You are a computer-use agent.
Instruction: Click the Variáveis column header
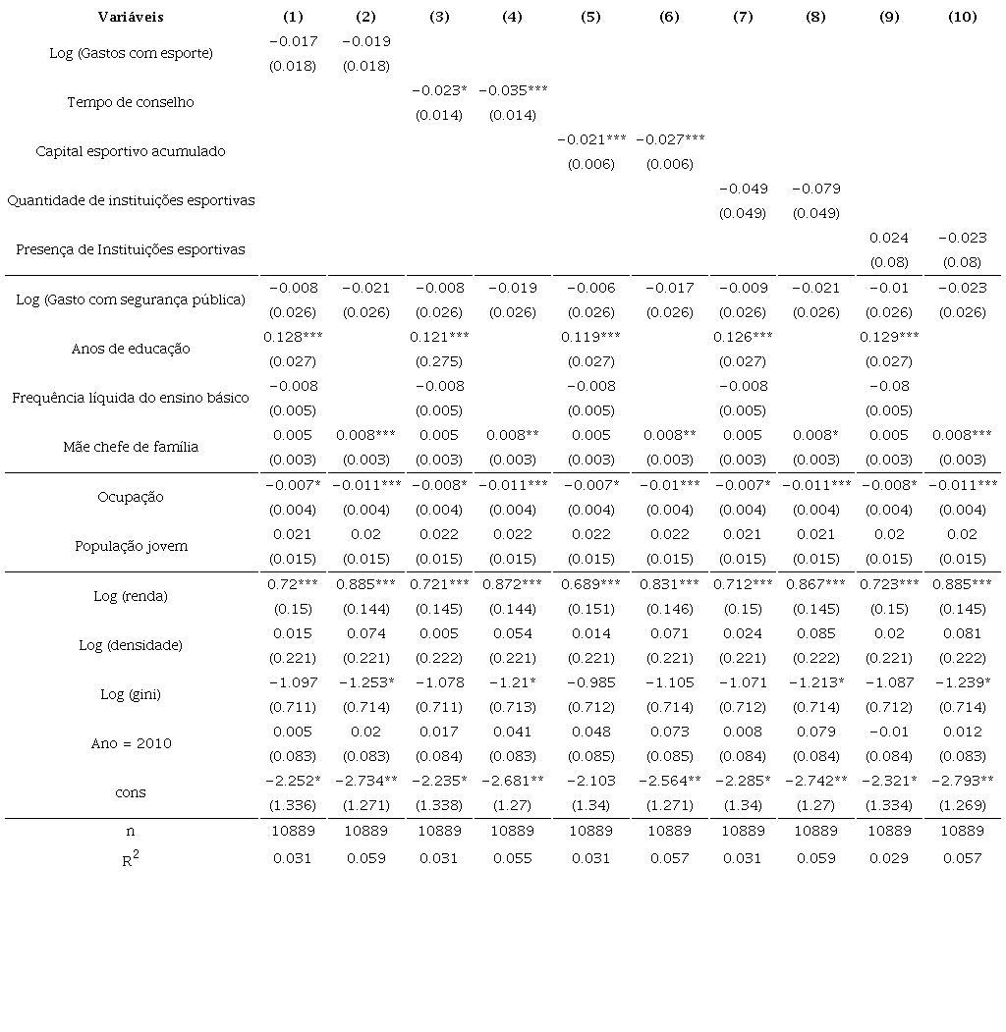(131, 17)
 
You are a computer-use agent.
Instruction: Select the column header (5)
(590, 17)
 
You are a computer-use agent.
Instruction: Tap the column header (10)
(962, 17)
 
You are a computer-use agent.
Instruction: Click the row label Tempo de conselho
(131, 102)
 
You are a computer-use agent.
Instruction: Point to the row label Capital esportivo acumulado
(131, 151)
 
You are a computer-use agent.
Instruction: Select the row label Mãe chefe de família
(131, 447)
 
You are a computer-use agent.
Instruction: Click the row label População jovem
(131, 546)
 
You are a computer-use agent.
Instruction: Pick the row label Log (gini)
(131, 694)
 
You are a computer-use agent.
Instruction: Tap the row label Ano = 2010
(131, 743)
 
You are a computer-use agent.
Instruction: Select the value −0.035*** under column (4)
(513, 90)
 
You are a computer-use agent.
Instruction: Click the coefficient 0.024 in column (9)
(889, 238)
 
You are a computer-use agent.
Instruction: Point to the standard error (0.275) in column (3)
(439, 361)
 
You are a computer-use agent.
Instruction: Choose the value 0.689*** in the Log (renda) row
(590, 584)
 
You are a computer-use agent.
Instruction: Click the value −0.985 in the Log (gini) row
(590, 682)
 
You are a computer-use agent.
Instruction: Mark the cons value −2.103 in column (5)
(590, 781)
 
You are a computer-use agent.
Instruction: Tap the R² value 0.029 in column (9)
(889, 858)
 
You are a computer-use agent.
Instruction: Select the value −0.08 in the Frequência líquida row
(889, 386)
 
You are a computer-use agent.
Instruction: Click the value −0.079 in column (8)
(815, 189)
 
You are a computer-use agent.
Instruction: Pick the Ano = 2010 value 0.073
(669, 732)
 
